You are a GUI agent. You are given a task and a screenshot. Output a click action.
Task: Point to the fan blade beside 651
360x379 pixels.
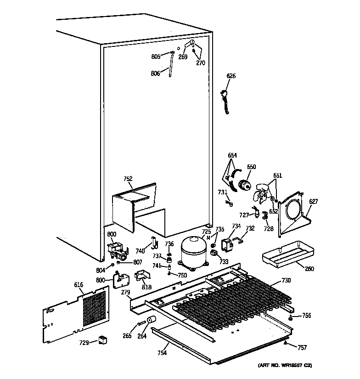click(264, 194)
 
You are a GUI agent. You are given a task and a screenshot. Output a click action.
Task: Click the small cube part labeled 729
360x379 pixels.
click(103, 340)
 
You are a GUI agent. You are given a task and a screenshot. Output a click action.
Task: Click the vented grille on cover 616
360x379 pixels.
click(96, 307)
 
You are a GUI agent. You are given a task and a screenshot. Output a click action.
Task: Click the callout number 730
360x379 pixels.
click(286, 281)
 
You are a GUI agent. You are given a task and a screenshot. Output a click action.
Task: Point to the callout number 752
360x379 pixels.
click(128, 179)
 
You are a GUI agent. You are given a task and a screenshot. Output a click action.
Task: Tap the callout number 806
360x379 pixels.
click(156, 73)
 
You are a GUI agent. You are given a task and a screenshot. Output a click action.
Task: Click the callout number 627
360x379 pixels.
click(313, 201)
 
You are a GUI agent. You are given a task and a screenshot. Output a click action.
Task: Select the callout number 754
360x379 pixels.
click(163, 352)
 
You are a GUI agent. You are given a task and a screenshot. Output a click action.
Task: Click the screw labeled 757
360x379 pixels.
click(287, 343)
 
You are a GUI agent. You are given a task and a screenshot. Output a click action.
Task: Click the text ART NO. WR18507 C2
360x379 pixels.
click(284, 366)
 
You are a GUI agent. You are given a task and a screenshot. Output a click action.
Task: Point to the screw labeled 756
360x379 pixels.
click(291, 317)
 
